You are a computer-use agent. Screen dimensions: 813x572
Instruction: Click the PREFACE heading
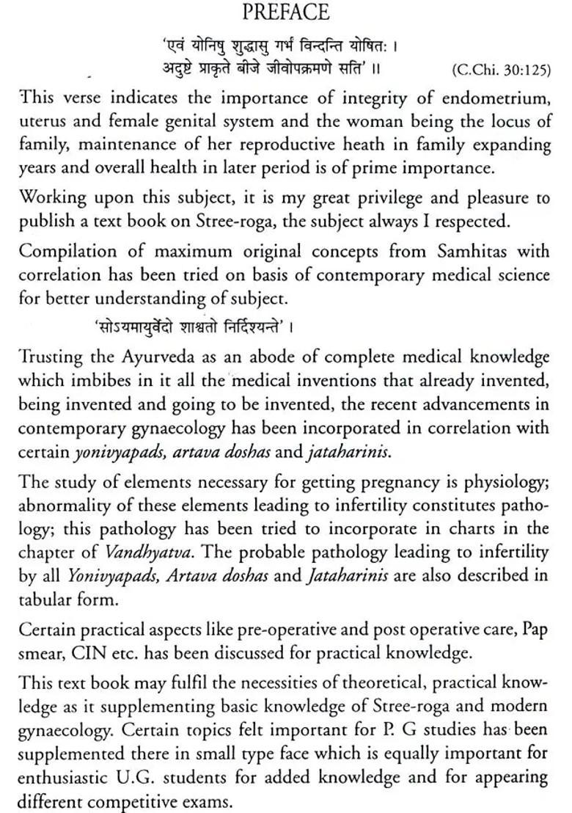click(x=286, y=12)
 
